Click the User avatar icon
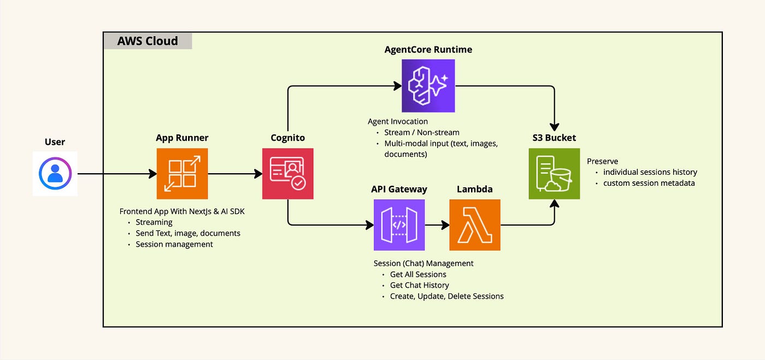click(x=55, y=174)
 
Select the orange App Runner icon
click(x=182, y=174)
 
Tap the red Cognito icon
click(x=288, y=174)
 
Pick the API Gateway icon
click(x=399, y=225)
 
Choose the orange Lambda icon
click(x=475, y=225)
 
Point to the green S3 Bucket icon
click(x=554, y=174)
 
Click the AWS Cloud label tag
click(x=148, y=41)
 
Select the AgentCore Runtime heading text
click(x=428, y=50)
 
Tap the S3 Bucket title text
click(x=554, y=138)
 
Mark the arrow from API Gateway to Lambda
click(x=437, y=225)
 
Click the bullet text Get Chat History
click(x=420, y=285)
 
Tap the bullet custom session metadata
click(x=649, y=183)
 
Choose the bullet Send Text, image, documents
click(x=188, y=233)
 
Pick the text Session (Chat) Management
click(x=423, y=263)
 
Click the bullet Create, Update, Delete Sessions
click(x=446, y=296)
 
